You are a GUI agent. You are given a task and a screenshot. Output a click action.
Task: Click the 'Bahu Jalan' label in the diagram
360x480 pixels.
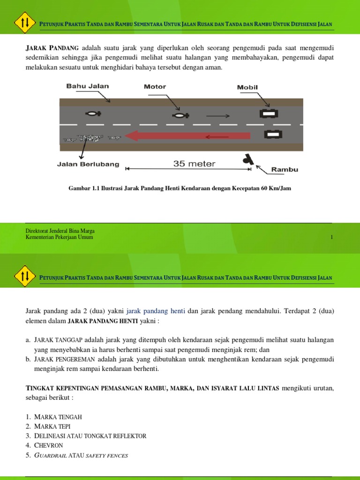tap(87, 86)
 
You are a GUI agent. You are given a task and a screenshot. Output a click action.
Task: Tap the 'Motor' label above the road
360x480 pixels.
tap(155, 87)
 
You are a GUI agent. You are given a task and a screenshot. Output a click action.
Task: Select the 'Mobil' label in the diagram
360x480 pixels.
tap(247, 87)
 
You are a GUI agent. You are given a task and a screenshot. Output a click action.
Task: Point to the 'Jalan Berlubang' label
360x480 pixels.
tap(88, 165)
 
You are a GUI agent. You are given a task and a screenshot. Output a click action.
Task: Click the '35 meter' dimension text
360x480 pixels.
tap(194, 164)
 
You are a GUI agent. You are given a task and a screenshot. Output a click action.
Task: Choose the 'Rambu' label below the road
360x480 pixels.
tap(285, 170)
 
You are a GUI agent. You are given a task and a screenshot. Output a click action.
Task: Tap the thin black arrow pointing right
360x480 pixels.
tap(218, 115)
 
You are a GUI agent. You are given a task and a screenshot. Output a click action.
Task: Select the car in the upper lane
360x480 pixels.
tap(269, 113)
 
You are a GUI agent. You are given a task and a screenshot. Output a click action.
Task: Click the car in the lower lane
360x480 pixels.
tap(273, 135)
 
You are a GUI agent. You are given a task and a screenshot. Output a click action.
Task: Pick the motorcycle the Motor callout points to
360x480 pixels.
tap(180, 115)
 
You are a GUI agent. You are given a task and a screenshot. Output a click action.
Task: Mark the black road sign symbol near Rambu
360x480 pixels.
tap(247, 160)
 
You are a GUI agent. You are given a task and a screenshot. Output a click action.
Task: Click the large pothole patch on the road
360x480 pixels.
tap(90, 138)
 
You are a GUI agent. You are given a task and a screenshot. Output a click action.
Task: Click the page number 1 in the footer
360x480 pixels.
tap(331, 237)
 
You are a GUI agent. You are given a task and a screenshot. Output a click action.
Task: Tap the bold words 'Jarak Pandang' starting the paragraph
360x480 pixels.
tap(52, 48)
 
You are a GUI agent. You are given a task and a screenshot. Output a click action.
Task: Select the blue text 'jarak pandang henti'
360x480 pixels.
tap(156, 311)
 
